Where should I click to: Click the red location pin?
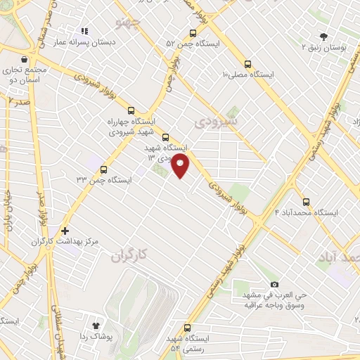tap(181, 166)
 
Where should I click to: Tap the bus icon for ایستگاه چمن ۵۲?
tap(193, 33)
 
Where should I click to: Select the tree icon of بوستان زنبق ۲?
tap(324, 36)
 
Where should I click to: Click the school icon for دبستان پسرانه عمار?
tap(84, 32)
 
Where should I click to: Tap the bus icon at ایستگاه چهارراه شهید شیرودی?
tap(131, 110)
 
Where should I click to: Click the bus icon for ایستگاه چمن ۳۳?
tap(104, 169)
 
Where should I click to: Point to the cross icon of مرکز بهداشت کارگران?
tap(65, 230)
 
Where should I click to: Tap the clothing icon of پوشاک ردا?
tap(96, 326)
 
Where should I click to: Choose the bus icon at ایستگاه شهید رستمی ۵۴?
tap(187, 327)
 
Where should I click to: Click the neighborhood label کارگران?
tap(131, 257)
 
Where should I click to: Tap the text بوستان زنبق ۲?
tap(324, 47)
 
